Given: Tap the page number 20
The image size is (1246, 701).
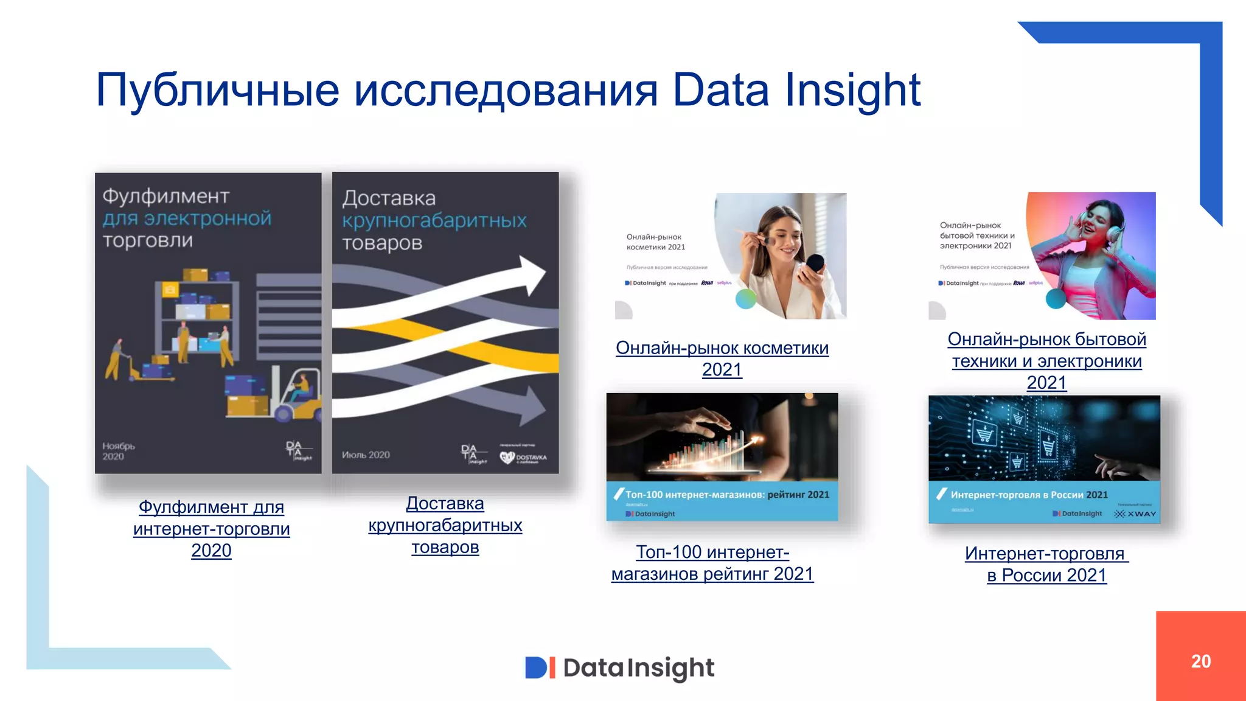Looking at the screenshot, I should [x=1200, y=661].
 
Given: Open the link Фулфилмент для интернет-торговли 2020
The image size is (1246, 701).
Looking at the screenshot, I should [x=211, y=528].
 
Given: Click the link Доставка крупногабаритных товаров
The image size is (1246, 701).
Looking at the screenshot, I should [x=445, y=525].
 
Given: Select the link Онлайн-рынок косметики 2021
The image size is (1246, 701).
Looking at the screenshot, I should [x=722, y=358].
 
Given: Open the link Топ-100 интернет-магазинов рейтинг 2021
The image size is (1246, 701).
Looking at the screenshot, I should [x=712, y=563].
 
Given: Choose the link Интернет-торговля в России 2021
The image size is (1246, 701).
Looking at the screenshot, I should [x=1046, y=564].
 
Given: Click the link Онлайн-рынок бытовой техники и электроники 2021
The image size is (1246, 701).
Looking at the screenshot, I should [x=1046, y=360].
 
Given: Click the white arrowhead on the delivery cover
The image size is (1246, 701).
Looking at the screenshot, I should [x=532, y=274].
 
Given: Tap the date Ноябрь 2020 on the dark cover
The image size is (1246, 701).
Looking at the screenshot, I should [x=118, y=451].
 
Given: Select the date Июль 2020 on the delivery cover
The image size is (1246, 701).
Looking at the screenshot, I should [x=366, y=455].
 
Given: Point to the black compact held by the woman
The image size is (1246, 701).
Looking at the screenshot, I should [x=815, y=263].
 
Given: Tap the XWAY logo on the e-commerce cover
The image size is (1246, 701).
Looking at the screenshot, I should [x=1135, y=514].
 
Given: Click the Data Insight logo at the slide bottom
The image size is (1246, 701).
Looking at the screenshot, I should [x=619, y=668].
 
